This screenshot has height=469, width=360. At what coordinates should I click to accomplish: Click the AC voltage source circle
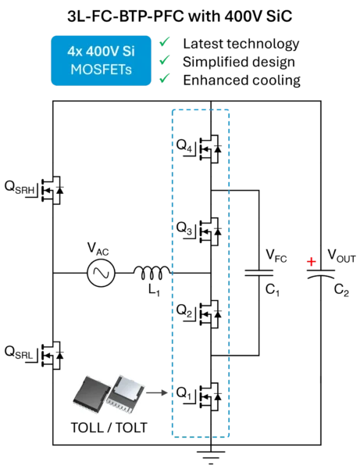click(101, 273)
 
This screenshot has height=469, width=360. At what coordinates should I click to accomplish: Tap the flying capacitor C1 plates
click(258, 273)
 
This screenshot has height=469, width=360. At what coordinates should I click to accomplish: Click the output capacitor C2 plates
click(321, 274)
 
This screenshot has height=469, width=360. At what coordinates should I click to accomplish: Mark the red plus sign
click(312, 262)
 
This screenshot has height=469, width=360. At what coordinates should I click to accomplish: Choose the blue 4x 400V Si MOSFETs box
click(101, 61)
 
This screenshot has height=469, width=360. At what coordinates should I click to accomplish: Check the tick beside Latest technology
click(165, 42)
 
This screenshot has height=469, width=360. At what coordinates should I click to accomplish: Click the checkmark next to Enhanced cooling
click(165, 78)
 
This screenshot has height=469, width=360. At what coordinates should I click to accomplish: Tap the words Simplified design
click(239, 63)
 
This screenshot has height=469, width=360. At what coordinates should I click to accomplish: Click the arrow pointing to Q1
click(157, 392)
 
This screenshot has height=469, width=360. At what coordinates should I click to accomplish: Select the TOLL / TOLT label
click(109, 428)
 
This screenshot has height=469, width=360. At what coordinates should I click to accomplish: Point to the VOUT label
click(341, 256)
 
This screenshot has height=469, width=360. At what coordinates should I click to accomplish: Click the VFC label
click(276, 256)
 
